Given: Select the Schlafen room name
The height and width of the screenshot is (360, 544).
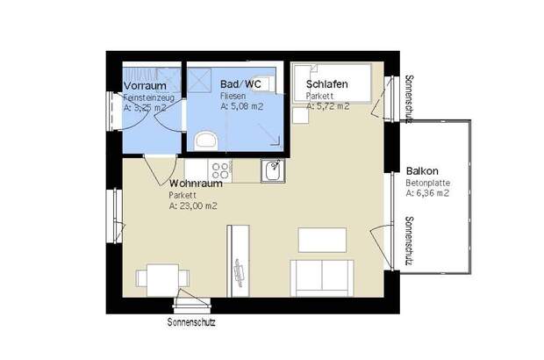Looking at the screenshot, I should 326,85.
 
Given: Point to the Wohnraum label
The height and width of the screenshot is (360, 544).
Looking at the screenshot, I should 195,184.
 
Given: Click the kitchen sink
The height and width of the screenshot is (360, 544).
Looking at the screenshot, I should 273,170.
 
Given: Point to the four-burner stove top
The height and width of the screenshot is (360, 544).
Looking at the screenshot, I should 219,170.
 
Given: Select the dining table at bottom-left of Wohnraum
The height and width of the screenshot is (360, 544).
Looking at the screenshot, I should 158,280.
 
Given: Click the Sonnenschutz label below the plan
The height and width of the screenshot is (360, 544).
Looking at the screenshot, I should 190,322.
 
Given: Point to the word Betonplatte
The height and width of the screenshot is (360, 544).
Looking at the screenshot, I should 427,184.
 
